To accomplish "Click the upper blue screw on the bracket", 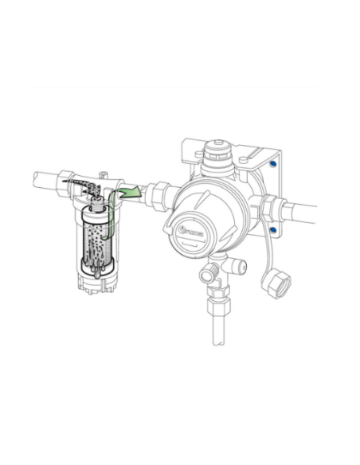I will coord(273,165).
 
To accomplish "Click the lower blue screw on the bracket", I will coord(273,231).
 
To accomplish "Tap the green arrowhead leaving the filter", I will coord(137,192).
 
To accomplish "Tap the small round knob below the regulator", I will coord(209,275).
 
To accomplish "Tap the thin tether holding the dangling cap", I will coord(267,255).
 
